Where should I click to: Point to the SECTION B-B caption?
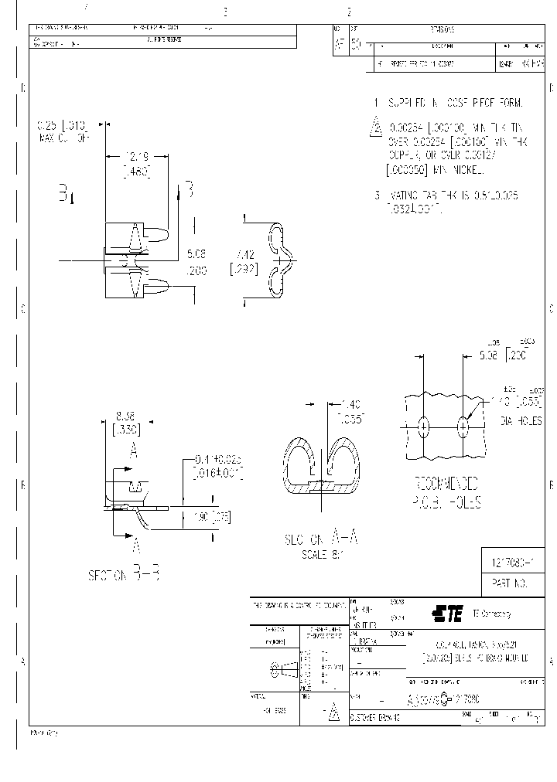(124, 576)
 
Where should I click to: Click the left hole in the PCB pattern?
(424, 426)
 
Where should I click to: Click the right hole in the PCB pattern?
(463, 426)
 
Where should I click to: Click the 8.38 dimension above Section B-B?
(126, 415)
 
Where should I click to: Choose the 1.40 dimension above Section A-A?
(350, 404)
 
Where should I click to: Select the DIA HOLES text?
(521, 421)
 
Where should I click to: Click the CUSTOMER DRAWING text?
(376, 716)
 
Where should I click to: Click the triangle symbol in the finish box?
(333, 713)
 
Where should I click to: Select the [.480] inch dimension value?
(136, 172)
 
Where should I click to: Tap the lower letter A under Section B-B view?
(137, 546)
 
